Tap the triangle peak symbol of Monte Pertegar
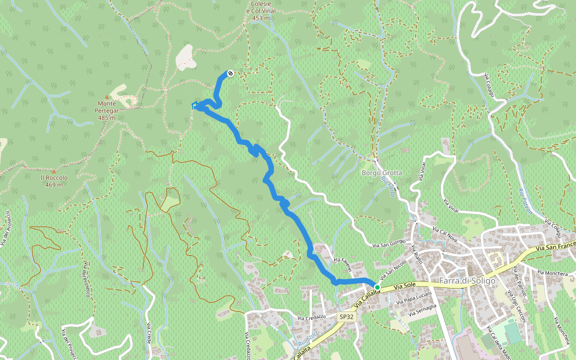(107, 97)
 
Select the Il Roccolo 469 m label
(54, 181)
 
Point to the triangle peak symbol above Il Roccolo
(53, 171)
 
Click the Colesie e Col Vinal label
(260, 11)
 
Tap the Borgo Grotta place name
(382, 173)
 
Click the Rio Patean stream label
(525, 201)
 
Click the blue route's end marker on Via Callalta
(377, 287)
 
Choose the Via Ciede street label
(148, 334)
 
